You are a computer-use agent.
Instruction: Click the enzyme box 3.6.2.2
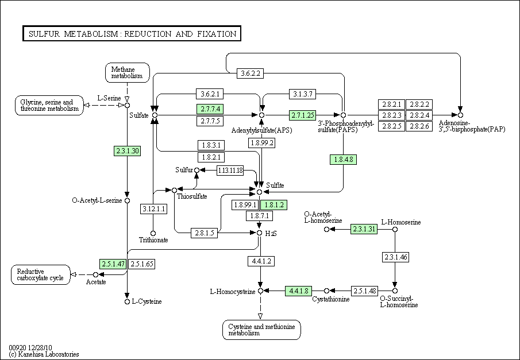pyautogui.click(x=251, y=73)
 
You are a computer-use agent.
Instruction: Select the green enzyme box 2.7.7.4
pyautogui.click(x=210, y=109)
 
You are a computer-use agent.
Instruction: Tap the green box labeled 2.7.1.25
pyautogui.click(x=302, y=115)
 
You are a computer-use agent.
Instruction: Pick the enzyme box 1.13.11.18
pyautogui.click(x=230, y=171)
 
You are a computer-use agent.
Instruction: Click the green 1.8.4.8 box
pyautogui.click(x=343, y=160)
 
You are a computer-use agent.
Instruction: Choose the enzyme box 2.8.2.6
pyautogui.click(x=419, y=126)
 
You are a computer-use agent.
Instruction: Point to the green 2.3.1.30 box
pyautogui.click(x=128, y=151)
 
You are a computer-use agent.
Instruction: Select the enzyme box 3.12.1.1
pyautogui.click(x=153, y=209)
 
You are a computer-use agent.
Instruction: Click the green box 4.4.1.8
pyautogui.click(x=299, y=291)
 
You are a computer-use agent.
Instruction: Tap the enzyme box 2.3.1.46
pyautogui.click(x=395, y=257)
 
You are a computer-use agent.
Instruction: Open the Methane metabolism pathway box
pyautogui.click(x=128, y=72)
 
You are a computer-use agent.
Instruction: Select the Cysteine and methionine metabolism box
pyautogui.click(x=261, y=330)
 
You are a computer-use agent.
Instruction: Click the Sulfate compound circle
pyautogui.click(x=155, y=115)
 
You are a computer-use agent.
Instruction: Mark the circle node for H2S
pyautogui.click(x=259, y=233)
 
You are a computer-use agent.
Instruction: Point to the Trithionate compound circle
pyautogui.click(x=153, y=233)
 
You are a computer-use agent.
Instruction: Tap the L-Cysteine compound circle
pyautogui.click(x=127, y=301)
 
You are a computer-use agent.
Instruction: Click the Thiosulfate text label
pyautogui.click(x=192, y=196)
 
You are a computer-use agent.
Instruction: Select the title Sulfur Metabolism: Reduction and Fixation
pyautogui.click(x=132, y=33)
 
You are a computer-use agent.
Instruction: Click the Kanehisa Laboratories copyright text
pyautogui.click(x=44, y=354)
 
